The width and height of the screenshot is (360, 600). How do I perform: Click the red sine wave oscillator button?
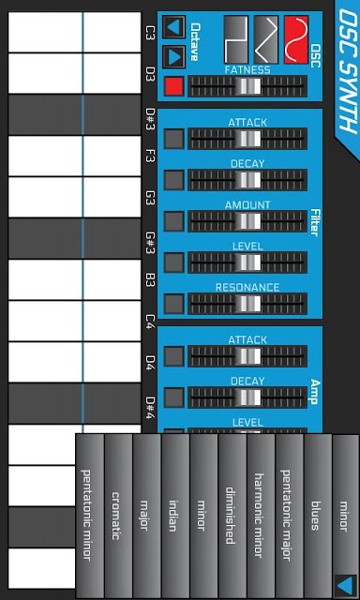296,39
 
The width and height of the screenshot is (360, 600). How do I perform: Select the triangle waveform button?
266,39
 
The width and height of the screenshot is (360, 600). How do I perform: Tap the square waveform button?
235,39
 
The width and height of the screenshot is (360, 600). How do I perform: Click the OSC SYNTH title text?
348,71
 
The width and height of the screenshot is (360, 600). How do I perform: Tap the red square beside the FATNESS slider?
174,86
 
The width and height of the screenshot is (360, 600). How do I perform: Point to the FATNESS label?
247,70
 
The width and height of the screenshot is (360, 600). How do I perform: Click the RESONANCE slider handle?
247,304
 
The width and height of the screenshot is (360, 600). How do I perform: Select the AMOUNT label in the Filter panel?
247,205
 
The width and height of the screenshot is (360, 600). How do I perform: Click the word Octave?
195,42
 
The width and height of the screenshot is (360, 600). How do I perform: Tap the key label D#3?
150,119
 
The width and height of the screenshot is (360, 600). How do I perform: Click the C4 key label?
150,323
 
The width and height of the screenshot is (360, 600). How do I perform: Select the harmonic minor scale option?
260,516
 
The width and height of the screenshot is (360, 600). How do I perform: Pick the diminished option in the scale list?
231,516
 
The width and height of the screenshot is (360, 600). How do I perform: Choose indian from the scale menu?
173,516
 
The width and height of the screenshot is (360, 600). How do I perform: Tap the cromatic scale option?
116,516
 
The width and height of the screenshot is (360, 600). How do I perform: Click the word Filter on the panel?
315,222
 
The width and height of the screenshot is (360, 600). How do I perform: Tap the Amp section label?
315,392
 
